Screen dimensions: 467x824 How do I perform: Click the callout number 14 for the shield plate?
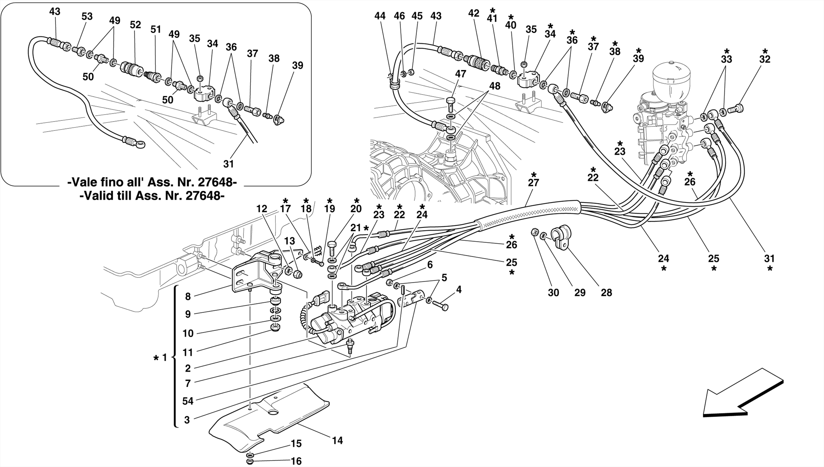337,440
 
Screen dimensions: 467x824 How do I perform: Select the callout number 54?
187,401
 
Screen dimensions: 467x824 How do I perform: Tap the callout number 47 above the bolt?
460,74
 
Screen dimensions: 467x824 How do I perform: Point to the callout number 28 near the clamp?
606,293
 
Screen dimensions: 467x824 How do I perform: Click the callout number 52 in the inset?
135,25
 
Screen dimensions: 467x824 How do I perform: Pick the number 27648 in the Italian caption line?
214,182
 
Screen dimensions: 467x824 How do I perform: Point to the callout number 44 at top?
379,16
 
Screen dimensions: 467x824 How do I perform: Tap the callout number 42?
474,13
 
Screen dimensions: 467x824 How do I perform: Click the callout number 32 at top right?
764,59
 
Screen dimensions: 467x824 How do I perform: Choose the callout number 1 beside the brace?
164,357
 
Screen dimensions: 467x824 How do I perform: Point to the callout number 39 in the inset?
297,65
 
